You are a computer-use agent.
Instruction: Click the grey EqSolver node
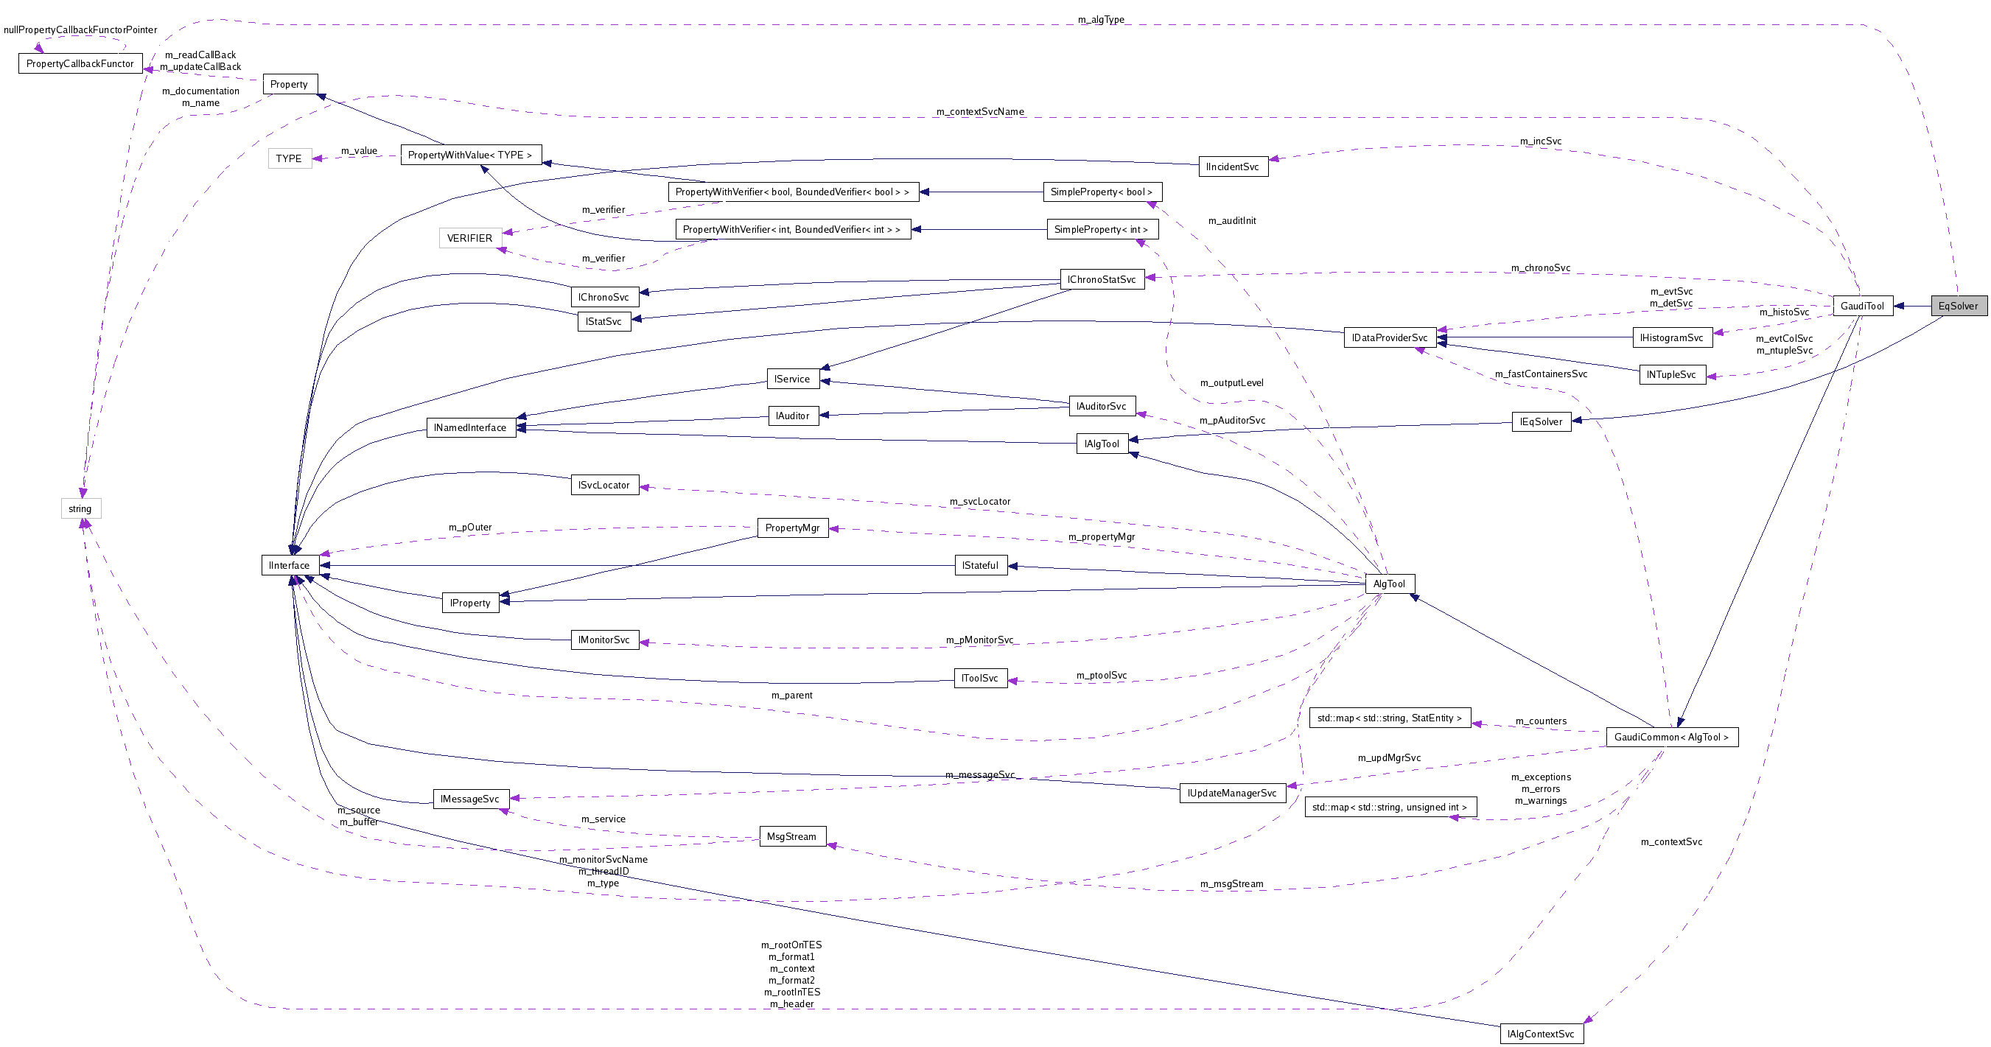pyautogui.click(x=1958, y=306)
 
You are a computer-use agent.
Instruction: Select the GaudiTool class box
pyautogui.click(x=1862, y=306)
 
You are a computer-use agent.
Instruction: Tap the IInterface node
pyautogui.click(x=289, y=566)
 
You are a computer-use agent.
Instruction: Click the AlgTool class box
pyautogui.click(x=1389, y=584)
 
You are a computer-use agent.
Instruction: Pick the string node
pyautogui.click(x=80, y=508)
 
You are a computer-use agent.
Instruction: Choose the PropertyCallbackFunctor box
pyautogui.click(x=80, y=63)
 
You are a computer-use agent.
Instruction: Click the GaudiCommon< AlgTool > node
pyautogui.click(x=1671, y=737)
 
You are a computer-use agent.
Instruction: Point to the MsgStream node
pyautogui.click(x=791, y=837)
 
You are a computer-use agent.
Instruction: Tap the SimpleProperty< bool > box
pyautogui.click(x=1102, y=192)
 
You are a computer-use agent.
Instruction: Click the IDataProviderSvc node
pyautogui.click(x=1389, y=337)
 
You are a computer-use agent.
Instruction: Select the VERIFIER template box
pyautogui.click(x=469, y=238)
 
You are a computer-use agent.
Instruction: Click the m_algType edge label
pyautogui.click(x=1101, y=19)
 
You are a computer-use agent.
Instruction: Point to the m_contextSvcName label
pyautogui.click(x=980, y=112)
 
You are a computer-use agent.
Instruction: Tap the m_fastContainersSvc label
pyautogui.click(x=1540, y=374)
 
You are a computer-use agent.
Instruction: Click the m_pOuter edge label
pyautogui.click(x=470, y=528)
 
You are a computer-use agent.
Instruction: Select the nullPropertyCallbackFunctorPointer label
pyautogui.click(x=80, y=30)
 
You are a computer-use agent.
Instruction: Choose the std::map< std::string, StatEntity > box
pyautogui.click(x=1389, y=718)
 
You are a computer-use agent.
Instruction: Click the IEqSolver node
pyautogui.click(x=1540, y=422)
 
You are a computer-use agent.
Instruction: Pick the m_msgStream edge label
pyautogui.click(x=1231, y=884)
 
